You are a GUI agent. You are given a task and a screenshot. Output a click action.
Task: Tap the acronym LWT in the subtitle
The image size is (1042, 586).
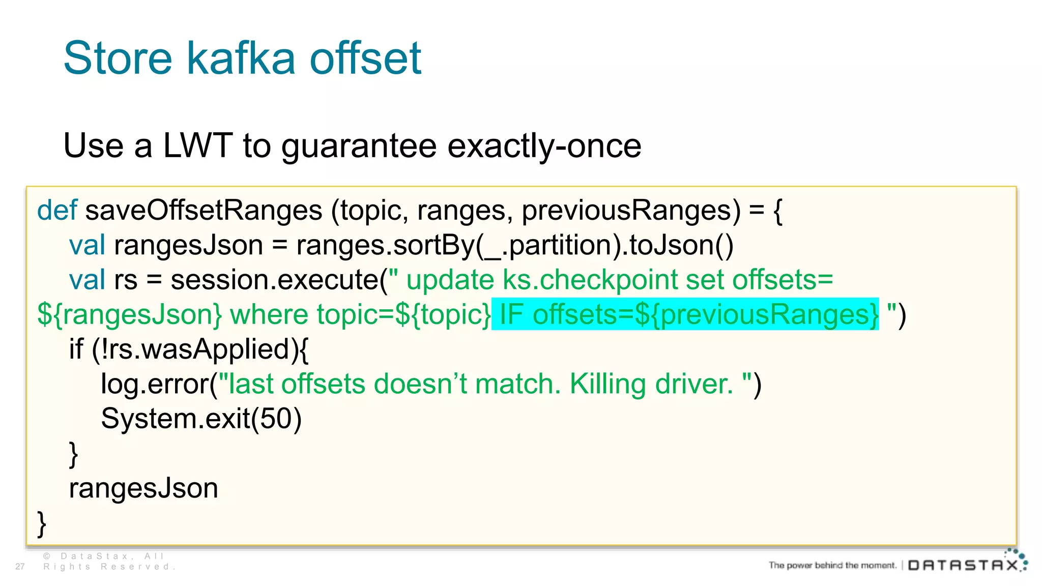(197, 146)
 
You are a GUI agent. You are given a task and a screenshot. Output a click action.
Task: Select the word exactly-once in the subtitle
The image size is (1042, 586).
(544, 146)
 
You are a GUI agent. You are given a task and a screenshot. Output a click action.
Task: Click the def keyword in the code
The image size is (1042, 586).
(57, 210)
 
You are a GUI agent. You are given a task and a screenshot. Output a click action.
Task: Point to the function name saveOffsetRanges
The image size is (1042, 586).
(204, 210)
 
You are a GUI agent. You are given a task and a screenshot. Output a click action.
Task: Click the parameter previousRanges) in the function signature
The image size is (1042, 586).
(631, 210)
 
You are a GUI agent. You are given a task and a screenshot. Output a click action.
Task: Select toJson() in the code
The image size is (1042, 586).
(681, 245)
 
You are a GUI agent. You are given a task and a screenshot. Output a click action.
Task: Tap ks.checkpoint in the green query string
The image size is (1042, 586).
(590, 280)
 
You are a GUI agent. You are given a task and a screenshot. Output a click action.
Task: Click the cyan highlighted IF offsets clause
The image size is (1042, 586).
(685, 314)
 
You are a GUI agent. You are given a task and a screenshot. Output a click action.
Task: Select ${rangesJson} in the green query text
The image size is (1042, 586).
(130, 314)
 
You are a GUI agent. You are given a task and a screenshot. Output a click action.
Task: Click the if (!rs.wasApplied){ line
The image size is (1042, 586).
(189, 349)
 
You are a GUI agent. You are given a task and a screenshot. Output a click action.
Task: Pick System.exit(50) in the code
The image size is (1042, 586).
(201, 419)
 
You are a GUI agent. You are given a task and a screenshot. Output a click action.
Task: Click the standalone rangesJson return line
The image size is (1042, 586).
(143, 488)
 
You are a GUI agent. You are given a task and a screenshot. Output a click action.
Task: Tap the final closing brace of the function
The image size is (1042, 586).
(42, 524)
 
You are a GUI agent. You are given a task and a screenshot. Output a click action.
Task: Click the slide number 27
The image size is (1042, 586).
(20, 567)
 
